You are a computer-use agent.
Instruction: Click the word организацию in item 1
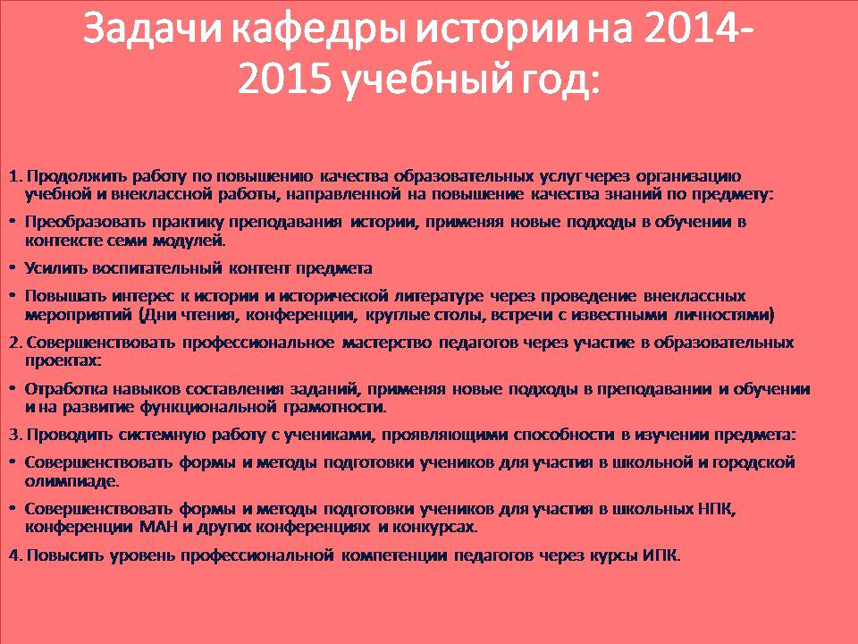point(689,177)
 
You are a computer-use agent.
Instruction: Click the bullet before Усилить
point(12,267)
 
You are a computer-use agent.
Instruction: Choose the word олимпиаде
point(71,482)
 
